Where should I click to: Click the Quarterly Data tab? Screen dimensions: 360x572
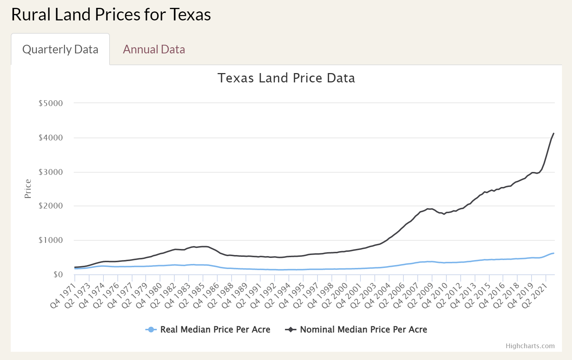click(60, 49)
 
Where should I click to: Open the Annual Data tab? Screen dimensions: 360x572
click(154, 49)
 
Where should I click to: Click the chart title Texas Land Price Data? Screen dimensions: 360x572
click(286, 78)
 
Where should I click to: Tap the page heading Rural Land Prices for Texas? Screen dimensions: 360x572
click(111, 15)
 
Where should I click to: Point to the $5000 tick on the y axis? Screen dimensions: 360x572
click(50, 104)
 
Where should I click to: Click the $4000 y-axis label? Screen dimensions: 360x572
click(50, 138)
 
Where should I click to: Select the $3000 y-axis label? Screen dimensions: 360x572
click(50, 172)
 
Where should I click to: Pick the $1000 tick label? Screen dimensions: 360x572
click(50, 240)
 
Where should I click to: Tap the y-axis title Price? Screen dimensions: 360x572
click(28, 189)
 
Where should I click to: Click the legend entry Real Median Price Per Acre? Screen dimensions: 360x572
click(215, 330)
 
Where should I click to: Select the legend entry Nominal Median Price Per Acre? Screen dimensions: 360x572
click(363, 330)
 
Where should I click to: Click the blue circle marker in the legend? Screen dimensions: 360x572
click(151, 330)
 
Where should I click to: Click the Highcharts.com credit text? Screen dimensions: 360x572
click(530, 346)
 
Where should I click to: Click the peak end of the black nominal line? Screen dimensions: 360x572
click(554, 134)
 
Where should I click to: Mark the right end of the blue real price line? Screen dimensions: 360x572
click(554, 253)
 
